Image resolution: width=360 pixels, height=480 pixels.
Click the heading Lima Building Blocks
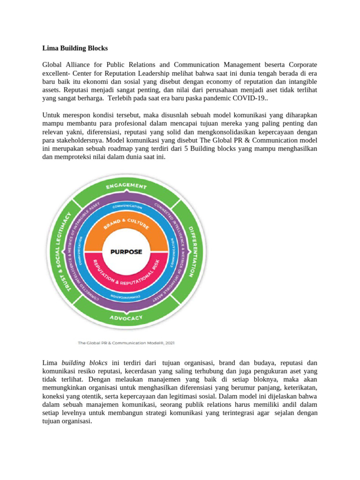pyautogui.click(x=75, y=48)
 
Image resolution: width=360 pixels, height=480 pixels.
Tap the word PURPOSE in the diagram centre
pyautogui.click(x=126, y=251)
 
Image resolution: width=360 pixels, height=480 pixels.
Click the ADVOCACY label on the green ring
pyautogui.click(x=126, y=318)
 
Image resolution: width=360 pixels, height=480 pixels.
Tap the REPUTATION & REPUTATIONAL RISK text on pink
pyautogui.click(x=126, y=275)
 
